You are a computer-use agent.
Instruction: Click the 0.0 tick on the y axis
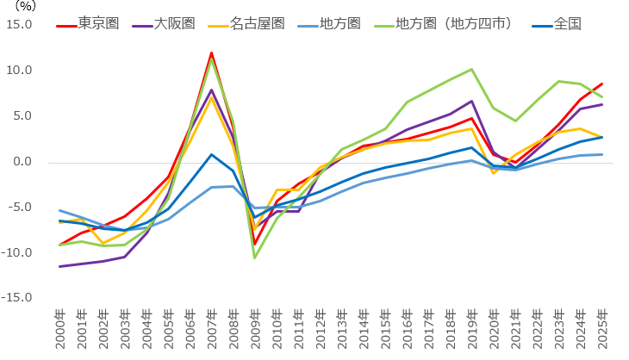(x=24, y=162)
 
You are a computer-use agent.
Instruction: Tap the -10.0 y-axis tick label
(x=19, y=252)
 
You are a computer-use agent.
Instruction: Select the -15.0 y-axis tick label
(x=19, y=298)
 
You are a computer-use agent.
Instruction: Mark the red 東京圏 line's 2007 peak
(x=211, y=53)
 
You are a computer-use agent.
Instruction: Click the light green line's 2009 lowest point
(x=254, y=258)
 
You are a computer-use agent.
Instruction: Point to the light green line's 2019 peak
(x=471, y=69)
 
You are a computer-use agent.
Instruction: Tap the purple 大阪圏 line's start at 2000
(x=59, y=266)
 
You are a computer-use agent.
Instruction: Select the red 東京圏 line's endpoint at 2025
(x=601, y=84)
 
